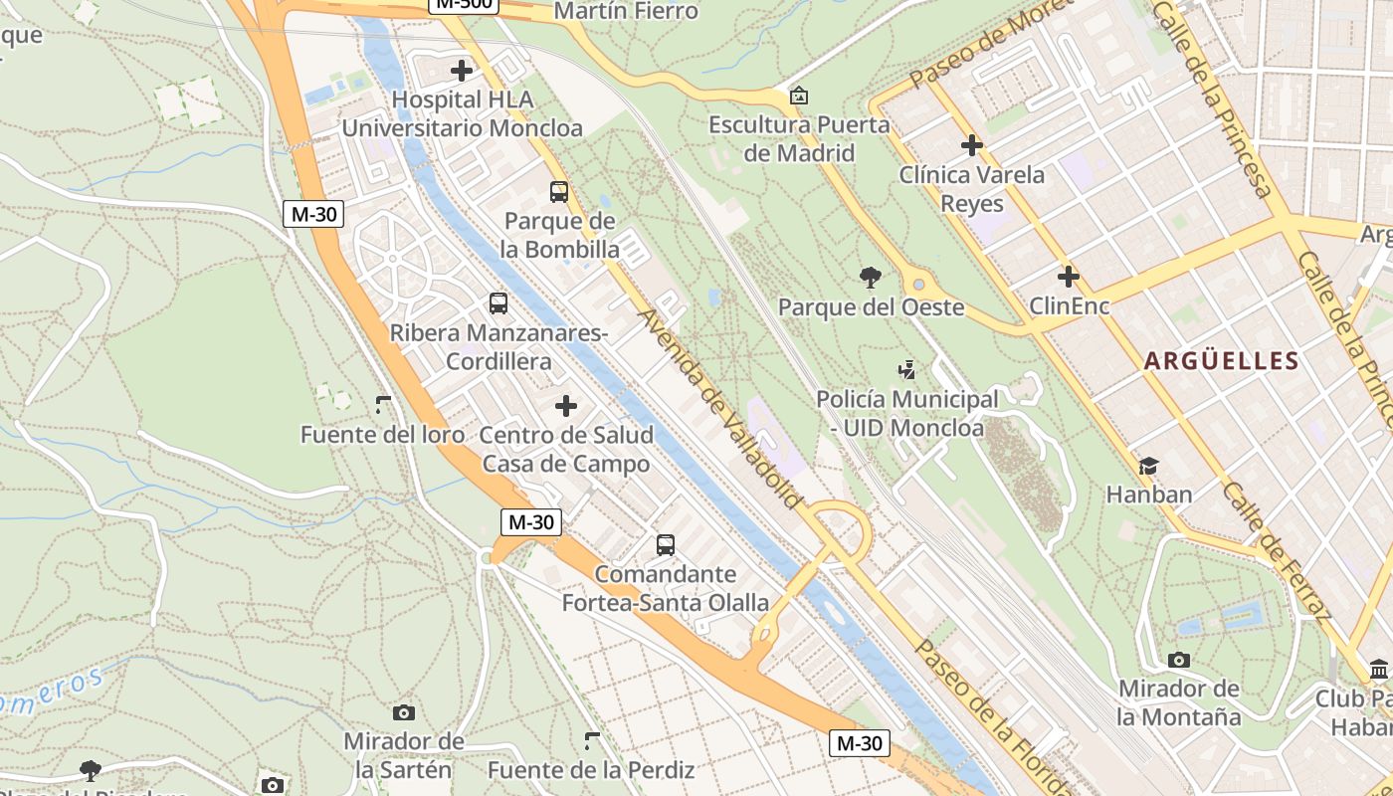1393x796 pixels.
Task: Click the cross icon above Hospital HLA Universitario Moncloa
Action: [x=462, y=71]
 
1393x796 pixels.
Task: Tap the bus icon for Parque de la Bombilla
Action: [x=559, y=192]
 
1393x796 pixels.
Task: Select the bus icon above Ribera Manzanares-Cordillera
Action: [x=498, y=303]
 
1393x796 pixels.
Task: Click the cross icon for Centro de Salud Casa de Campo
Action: [x=566, y=406]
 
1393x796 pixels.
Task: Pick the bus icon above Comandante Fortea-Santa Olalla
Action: [x=666, y=545]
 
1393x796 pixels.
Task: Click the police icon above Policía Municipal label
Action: [x=906, y=370]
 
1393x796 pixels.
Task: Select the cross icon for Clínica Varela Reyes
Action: [x=972, y=146]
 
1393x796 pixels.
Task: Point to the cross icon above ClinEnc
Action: [x=1069, y=277]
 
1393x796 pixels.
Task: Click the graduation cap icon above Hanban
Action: [x=1149, y=466]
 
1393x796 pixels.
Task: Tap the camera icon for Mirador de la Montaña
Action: [x=1179, y=660]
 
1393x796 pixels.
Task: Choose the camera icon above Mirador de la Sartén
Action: [x=404, y=712]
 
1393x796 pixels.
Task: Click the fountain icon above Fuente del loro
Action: [x=383, y=405]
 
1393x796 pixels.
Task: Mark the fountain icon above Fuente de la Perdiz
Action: [x=592, y=740]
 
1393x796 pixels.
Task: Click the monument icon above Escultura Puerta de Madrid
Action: [x=798, y=97]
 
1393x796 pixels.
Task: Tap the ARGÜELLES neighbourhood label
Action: [x=1222, y=360]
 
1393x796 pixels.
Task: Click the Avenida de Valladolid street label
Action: [x=720, y=409]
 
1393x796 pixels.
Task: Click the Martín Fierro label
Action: [x=626, y=12]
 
